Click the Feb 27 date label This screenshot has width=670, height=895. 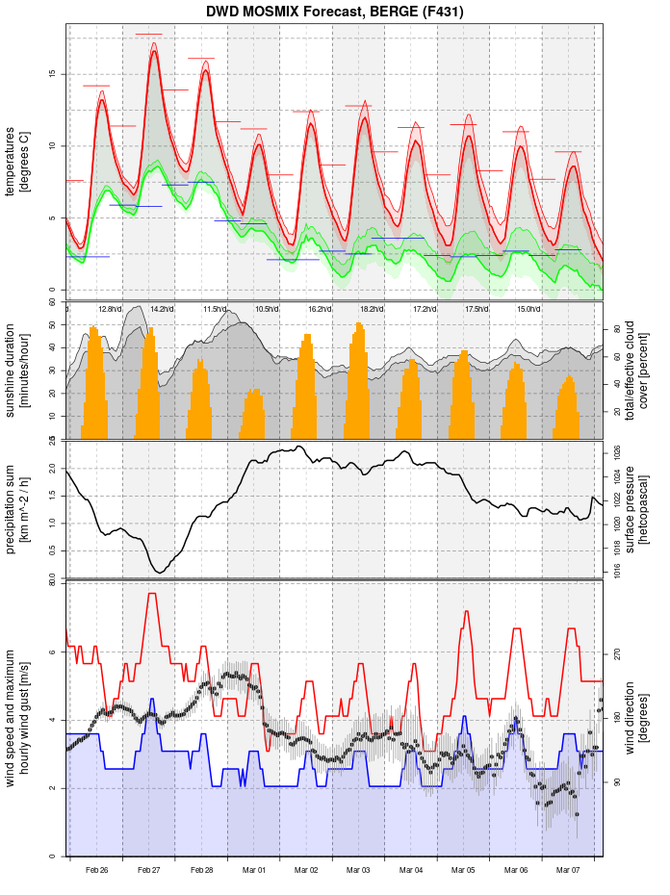point(149,870)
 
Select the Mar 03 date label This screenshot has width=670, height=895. point(359,870)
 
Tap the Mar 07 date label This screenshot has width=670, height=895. point(569,870)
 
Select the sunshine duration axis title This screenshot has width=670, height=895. point(17,371)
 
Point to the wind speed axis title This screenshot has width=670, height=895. point(17,718)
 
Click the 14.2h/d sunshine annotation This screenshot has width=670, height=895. point(162,309)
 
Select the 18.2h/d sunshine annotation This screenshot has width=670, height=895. point(372,309)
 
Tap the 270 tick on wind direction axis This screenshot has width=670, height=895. point(617,653)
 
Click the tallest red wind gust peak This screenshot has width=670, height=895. point(152,595)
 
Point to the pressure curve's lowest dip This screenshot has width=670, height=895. point(160,573)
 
